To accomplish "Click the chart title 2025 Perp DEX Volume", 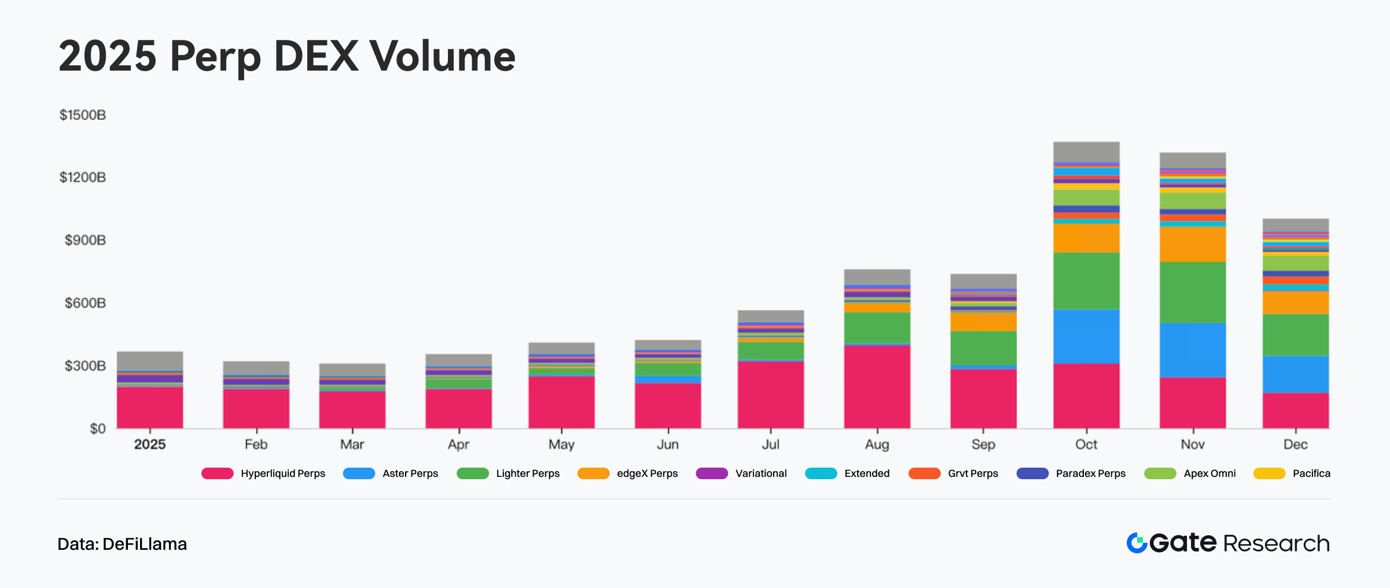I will pyautogui.click(x=286, y=56).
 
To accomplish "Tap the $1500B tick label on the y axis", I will pyautogui.click(x=83, y=115).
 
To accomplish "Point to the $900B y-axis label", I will pyautogui.click(x=85, y=240).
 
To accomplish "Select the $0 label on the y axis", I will pyautogui.click(x=98, y=429).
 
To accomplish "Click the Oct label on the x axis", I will pyautogui.click(x=1086, y=444).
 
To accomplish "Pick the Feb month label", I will pyautogui.click(x=256, y=444).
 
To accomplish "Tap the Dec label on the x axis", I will pyautogui.click(x=1295, y=444).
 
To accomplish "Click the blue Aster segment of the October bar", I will pyautogui.click(x=1086, y=337).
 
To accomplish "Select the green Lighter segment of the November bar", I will pyautogui.click(x=1193, y=293).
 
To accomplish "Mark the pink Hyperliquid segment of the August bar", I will pyautogui.click(x=877, y=387).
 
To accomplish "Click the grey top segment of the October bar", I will pyautogui.click(x=1086, y=152).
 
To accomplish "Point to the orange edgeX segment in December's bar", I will pyautogui.click(x=1295, y=302).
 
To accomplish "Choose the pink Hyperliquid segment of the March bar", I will pyautogui.click(x=352, y=410).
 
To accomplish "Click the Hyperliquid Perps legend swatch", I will pyautogui.click(x=217, y=473).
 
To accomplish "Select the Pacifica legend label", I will pyautogui.click(x=1311, y=473).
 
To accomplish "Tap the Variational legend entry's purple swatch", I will pyautogui.click(x=712, y=473).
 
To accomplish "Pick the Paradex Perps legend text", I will pyautogui.click(x=1090, y=473).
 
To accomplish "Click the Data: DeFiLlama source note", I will pyautogui.click(x=122, y=544).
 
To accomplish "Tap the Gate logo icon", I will pyautogui.click(x=1137, y=543).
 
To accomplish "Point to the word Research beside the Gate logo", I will pyautogui.click(x=1276, y=543).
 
